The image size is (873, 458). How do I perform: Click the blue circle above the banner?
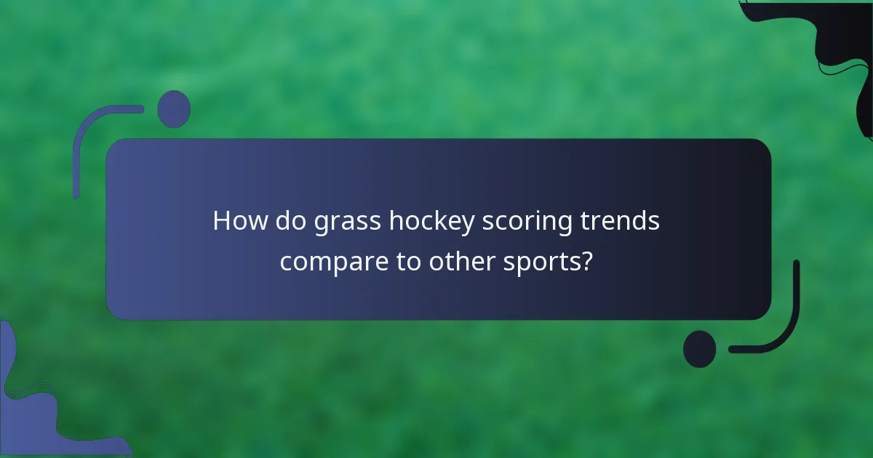[x=174, y=109]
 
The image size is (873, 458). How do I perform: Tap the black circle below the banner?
[x=699, y=349]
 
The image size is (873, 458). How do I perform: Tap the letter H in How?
[x=221, y=221]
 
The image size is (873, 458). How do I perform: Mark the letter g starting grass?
[x=322, y=223]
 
